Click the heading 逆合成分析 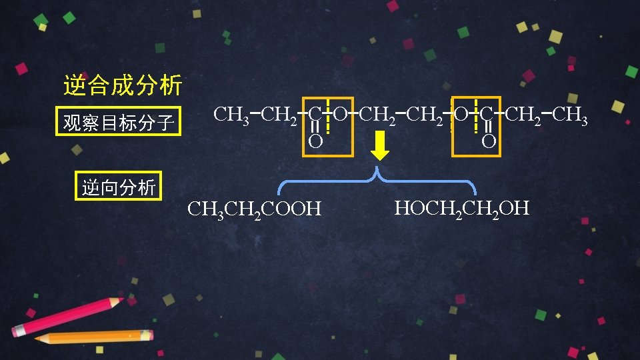pos(122,85)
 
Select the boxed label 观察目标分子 pos(118,122)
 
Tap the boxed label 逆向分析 pos(118,188)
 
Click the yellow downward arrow pos(380,146)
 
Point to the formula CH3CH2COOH pos(254,209)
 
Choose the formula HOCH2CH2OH pos(461,208)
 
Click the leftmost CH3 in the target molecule pos(231,115)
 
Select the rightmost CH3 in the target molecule pos(571,115)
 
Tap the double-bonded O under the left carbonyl pos(315,141)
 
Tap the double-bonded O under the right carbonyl pos(489,141)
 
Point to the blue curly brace pos(377,181)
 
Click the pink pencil pos(67,317)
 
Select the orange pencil pos(93,337)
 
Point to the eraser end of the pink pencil pos(18,331)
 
